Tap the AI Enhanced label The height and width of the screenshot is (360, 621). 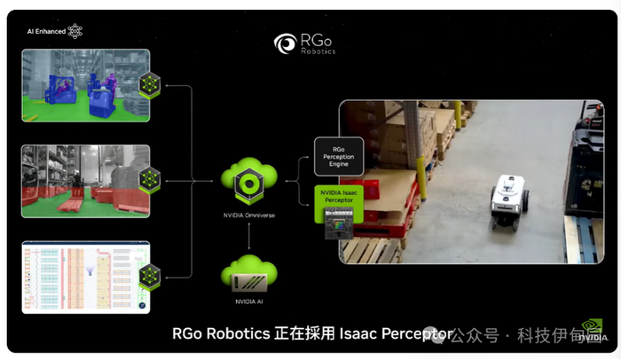pyautogui.click(x=45, y=30)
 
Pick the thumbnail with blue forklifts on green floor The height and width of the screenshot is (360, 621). pyautogui.click(x=85, y=85)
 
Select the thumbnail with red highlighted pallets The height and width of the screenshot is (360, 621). pyautogui.click(x=85, y=182)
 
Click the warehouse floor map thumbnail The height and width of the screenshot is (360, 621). pyautogui.click(x=85, y=277)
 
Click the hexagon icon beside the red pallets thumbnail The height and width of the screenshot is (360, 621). pyautogui.click(x=151, y=180)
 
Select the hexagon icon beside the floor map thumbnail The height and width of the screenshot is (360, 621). pyautogui.click(x=152, y=276)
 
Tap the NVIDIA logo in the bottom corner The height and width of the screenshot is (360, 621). pyautogui.click(x=591, y=331)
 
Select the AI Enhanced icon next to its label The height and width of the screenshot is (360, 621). pyautogui.click(x=75, y=30)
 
